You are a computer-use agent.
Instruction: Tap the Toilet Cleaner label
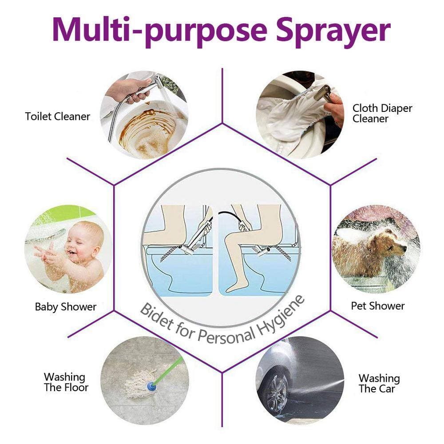[x=57, y=116]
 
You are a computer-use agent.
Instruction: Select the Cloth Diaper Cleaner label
[x=382, y=113]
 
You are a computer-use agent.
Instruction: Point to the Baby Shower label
[x=66, y=307]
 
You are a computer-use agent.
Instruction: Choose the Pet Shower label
[x=378, y=306]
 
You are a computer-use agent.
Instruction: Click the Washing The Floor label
[x=66, y=382]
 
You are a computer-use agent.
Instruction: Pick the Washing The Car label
[x=379, y=384]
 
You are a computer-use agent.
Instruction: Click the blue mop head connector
[x=152, y=386]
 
